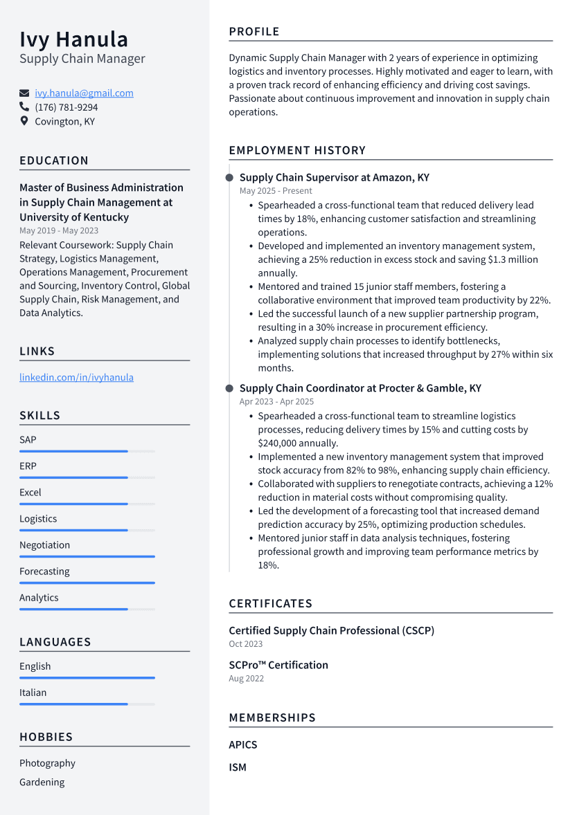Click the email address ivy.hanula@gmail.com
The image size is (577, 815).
[84, 93]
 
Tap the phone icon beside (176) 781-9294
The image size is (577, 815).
[24, 107]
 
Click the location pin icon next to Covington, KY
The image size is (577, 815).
[24, 121]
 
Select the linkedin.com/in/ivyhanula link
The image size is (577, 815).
[76, 377]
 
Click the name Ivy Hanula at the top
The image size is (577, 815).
[73, 39]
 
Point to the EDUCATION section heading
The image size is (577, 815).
[54, 161]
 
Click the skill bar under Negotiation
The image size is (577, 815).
[87, 556]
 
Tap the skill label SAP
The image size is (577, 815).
[28, 440]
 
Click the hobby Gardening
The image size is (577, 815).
[42, 782]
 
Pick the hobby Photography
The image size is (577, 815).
[47, 763]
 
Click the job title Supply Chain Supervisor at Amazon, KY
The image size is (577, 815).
[334, 178]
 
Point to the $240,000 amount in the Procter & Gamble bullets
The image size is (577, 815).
[279, 443]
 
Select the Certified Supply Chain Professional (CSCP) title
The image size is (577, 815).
[331, 630]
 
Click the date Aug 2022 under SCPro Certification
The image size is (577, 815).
[246, 678]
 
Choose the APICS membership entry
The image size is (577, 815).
[242, 744]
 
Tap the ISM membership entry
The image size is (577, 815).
[238, 767]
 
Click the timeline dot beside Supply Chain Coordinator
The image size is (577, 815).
[229, 389]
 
